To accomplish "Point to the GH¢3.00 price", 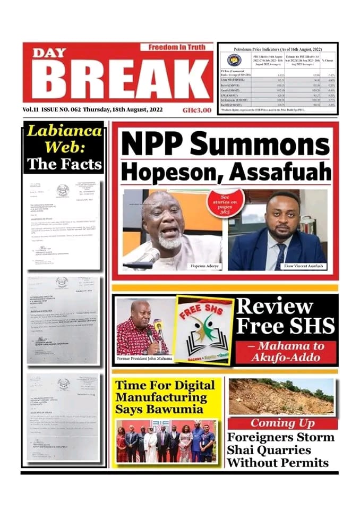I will click(x=196, y=110).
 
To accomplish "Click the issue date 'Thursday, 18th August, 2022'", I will click(x=125, y=110).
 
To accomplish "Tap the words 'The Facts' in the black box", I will click(x=64, y=164).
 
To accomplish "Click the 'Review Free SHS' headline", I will click(x=285, y=316).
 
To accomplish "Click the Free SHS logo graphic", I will click(x=203, y=329).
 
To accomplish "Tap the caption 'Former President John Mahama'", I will click(x=143, y=359).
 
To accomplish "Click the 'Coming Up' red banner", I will click(x=282, y=423).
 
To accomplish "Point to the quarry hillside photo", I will click(x=281, y=396).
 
